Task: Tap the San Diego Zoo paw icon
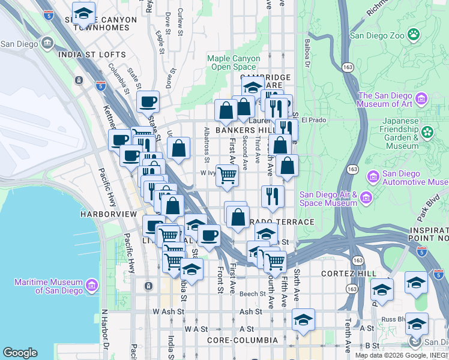point(413,35)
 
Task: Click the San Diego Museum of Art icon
point(421,98)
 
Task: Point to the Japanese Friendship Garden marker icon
point(427,132)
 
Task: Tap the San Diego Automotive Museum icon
point(373,176)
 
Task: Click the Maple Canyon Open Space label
point(234,62)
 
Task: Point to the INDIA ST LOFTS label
point(92,55)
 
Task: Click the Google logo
point(20,353)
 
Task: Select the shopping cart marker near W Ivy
point(227,175)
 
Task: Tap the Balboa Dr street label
point(307,54)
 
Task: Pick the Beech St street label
point(253,294)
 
